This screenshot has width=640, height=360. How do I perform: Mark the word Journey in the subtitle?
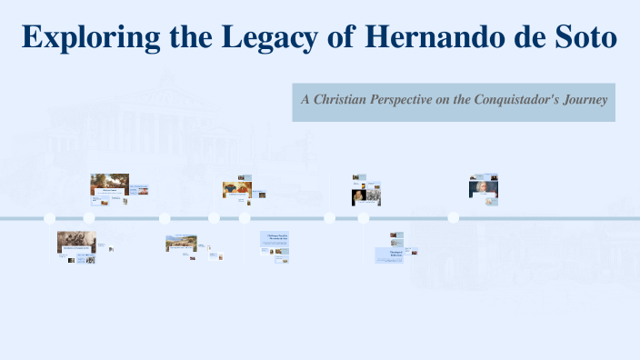coord(585,99)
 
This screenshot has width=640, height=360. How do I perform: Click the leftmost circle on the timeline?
coord(50,218)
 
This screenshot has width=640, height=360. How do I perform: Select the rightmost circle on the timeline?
coord(453,218)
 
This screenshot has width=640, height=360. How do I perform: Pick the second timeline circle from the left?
coord(89,218)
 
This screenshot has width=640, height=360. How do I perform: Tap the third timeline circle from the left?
coord(165,218)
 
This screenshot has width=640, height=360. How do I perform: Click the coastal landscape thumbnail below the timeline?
coord(181,243)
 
